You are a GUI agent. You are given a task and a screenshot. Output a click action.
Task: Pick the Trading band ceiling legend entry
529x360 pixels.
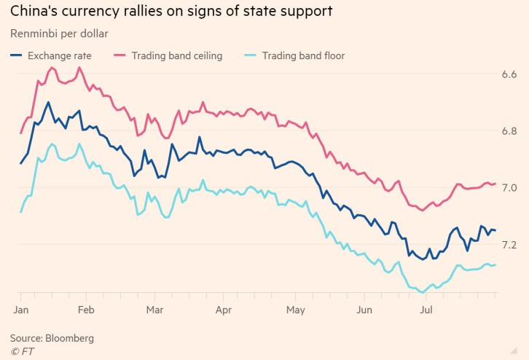176,55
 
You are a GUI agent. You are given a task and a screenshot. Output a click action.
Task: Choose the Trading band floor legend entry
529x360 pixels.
303,55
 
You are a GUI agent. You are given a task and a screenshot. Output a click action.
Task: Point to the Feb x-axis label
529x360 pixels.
86,309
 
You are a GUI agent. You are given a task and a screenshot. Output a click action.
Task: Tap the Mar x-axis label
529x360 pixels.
154,309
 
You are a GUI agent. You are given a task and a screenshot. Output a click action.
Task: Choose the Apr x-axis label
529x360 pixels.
224,309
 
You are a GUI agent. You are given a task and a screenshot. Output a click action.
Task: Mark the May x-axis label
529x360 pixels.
294,309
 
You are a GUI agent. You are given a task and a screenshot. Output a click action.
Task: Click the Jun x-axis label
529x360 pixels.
365,309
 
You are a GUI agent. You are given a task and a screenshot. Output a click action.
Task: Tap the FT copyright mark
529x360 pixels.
22,352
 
